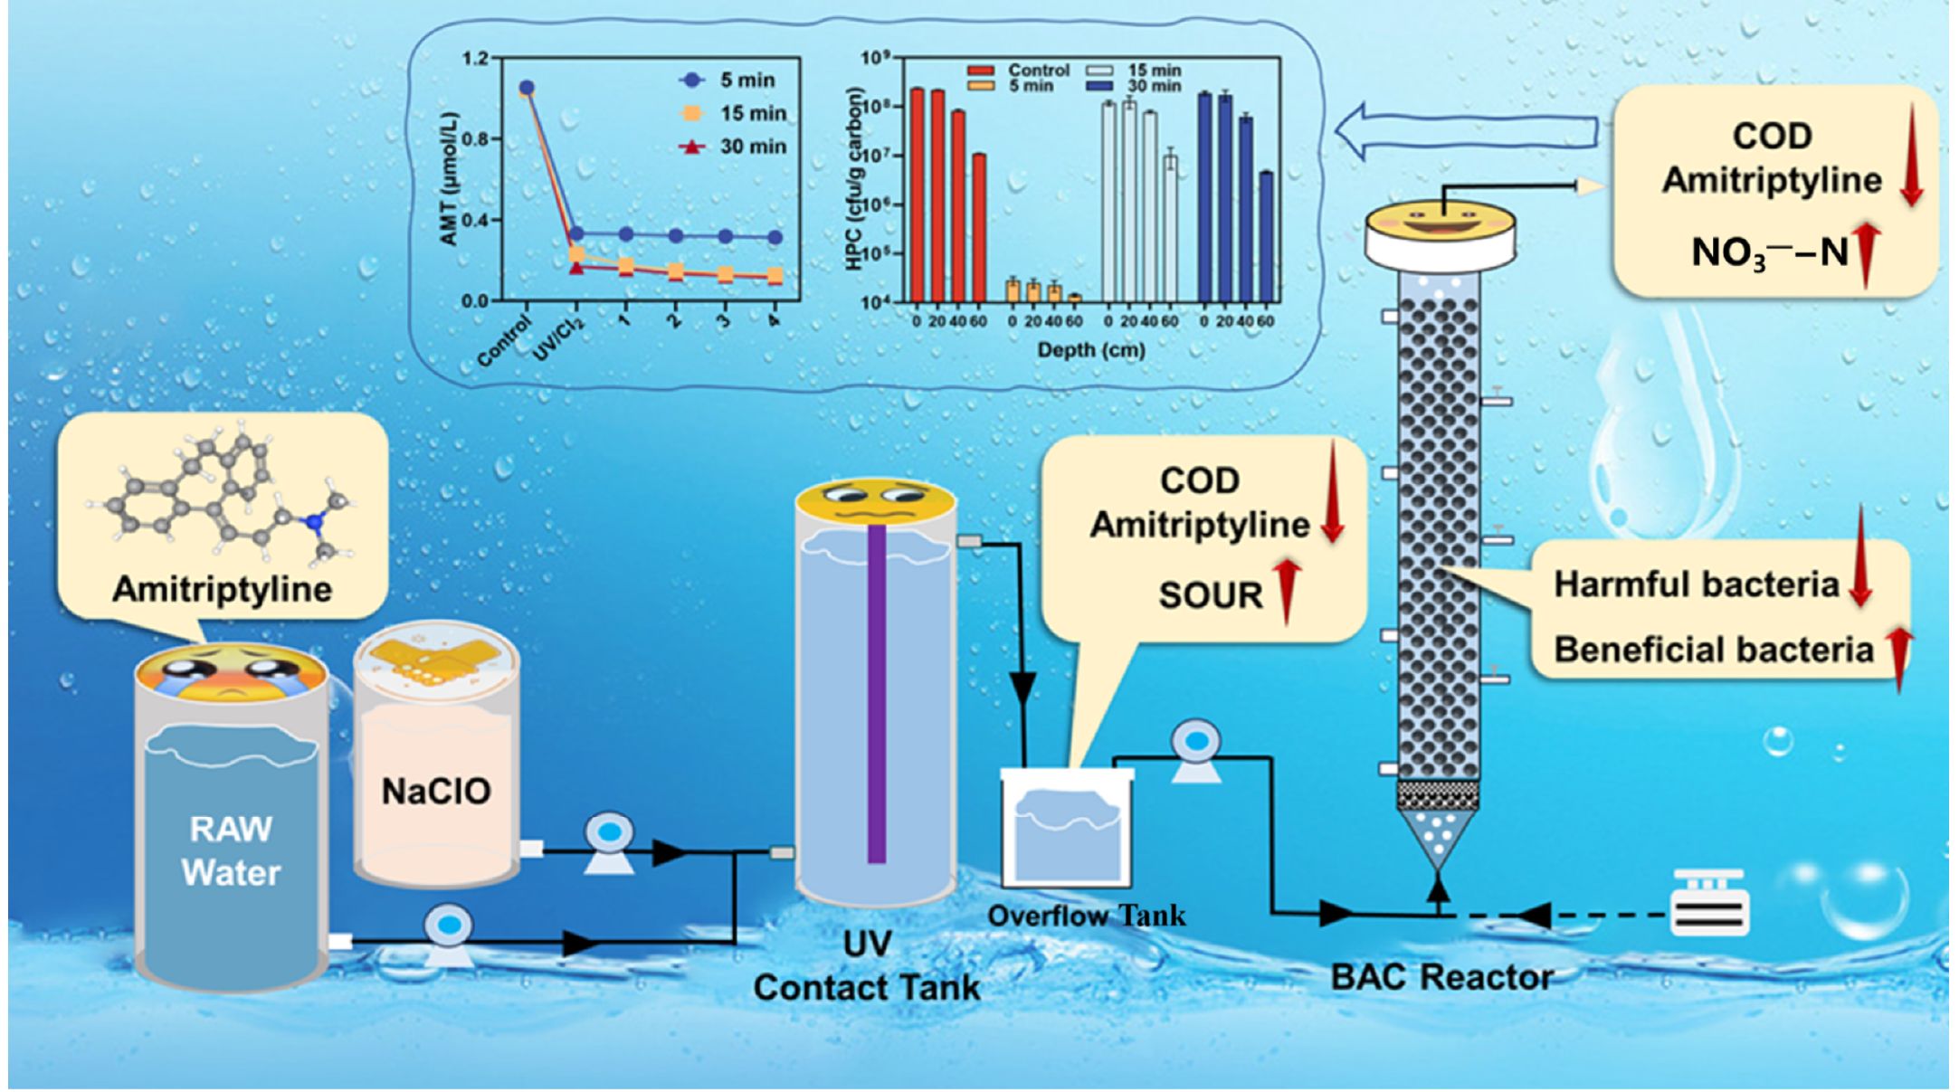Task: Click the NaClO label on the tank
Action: pyautogui.click(x=435, y=791)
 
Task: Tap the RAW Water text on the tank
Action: pyautogui.click(x=231, y=850)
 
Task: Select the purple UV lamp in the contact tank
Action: pyautogui.click(x=876, y=692)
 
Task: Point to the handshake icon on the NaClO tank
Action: pyautogui.click(x=436, y=662)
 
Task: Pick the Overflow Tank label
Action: pyautogui.click(x=1086, y=916)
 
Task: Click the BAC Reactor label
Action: pyautogui.click(x=1441, y=977)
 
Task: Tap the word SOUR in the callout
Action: pyautogui.click(x=1210, y=595)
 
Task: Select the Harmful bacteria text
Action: pyautogui.click(x=1696, y=584)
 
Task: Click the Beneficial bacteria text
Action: pyautogui.click(x=1713, y=650)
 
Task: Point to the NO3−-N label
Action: pyautogui.click(x=1769, y=252)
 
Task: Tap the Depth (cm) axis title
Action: pyautogui.click(x=1090, y=349)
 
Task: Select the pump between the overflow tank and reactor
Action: pyautogui.click(x=1196, y=749)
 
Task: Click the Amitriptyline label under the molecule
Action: pyautogui.click(x=222, y=589)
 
